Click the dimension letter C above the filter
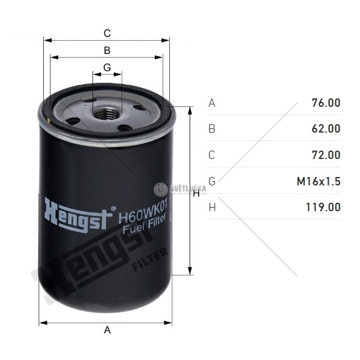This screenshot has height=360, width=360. (x=107, y=33)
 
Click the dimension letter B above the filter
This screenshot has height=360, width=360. (x=107, y=50)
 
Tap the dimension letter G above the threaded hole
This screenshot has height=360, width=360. (x=107, y=67)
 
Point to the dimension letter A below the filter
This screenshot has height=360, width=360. (x=107, y=330)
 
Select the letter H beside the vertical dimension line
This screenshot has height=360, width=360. (x=196, y=194)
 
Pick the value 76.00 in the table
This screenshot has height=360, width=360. (x=326, y=103)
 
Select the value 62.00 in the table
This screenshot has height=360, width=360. (x=326, y=128)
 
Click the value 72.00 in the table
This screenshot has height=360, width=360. (x=326, y=155)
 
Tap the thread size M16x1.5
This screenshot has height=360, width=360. (x=319, y=181)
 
